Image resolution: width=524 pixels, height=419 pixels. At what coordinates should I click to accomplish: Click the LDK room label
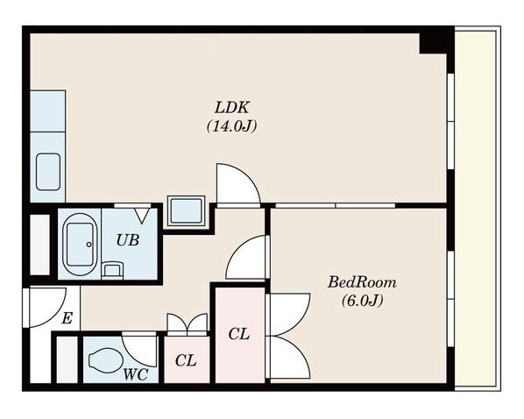(231, 108)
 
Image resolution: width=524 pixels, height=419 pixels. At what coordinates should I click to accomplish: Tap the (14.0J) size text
(232, 126)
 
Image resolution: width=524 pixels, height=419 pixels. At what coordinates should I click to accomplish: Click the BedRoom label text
(362, 282)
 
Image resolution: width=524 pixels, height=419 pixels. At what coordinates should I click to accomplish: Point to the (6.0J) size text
(362, 301)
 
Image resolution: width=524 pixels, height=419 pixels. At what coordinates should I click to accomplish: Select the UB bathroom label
(128, 240)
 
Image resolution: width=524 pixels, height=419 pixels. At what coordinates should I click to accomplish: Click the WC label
(135, 374)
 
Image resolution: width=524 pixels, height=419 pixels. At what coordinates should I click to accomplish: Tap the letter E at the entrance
(67, 318)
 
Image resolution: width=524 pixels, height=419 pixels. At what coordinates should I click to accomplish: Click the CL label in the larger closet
(239, 334)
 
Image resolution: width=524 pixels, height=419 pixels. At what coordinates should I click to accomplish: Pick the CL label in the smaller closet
(186, 360)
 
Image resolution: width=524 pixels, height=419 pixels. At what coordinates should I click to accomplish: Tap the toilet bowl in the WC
(106, 360)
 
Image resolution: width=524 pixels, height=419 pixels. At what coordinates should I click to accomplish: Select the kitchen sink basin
(48, 172)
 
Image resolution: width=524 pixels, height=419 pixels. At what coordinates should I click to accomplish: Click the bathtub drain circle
(89, 245)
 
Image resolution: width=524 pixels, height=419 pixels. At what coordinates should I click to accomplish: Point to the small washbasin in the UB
(112, 270)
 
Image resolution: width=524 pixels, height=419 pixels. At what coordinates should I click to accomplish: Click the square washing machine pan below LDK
(186, 210)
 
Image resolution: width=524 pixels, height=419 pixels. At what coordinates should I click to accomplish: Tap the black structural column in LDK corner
(433, 43)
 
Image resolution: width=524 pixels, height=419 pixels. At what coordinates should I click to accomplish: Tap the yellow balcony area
(478, 208)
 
